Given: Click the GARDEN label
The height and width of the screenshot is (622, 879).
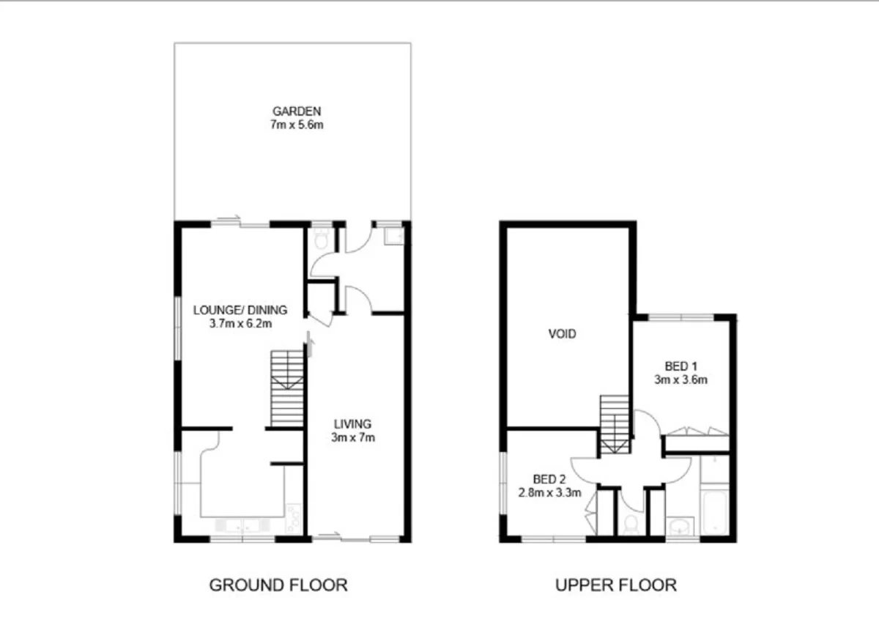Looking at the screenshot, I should coord(296,111).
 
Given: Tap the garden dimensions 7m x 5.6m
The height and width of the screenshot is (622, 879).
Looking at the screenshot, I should coord(296,125).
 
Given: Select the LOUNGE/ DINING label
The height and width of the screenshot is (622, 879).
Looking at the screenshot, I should coord(240,310).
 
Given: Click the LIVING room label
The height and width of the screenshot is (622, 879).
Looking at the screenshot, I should coord(352,423).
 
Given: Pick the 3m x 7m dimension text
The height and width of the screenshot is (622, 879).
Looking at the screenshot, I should coord(352,437).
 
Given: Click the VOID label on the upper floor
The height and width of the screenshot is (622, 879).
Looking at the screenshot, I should coord(563,334).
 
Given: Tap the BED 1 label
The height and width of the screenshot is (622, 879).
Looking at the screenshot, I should coord(680,366).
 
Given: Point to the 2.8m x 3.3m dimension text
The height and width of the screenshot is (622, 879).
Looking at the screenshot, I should coord(549,492).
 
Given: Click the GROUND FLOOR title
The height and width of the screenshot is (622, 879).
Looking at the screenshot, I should coord(278,585).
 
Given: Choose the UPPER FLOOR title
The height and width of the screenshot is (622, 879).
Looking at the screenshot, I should coord(615,585).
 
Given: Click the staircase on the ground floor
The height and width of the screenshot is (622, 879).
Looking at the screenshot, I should coord(287,388).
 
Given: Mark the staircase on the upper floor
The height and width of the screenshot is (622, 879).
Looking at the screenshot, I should coord(614,425).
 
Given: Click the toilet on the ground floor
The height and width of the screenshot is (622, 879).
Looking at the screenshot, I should coord(319,238).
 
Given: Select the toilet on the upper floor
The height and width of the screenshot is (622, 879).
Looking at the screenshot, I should coord(631,523).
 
